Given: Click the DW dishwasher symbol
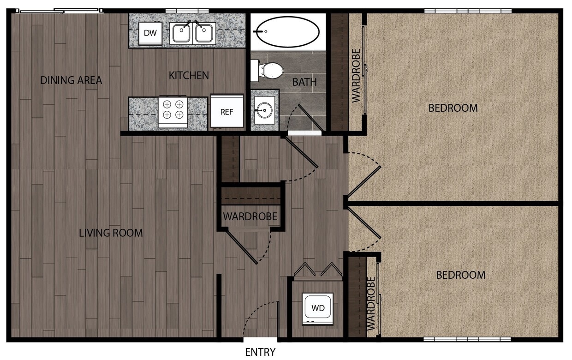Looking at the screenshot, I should (150, 33).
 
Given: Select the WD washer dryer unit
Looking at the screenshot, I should (317, 308).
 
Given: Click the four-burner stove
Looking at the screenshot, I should (173, 112).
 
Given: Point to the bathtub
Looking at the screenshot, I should (287, 31).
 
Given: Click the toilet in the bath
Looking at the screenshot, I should (268, 70).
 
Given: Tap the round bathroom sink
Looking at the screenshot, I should (265, 111).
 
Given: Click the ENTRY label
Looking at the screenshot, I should (260, 352).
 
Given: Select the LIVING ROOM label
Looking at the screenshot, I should (111, 233).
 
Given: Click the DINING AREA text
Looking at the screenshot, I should (71, 80).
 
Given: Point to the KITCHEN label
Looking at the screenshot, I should (189, 75).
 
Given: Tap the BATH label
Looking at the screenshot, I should (304, 82).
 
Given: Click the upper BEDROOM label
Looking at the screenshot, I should (453, 108).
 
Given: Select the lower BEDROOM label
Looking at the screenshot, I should (460, 275).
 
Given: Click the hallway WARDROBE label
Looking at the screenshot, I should (250, 216).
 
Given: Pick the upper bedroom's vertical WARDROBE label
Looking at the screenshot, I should (356, 75).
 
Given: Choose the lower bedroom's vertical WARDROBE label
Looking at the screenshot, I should (371, 303).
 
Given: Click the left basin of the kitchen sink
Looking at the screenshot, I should (181, 33).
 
